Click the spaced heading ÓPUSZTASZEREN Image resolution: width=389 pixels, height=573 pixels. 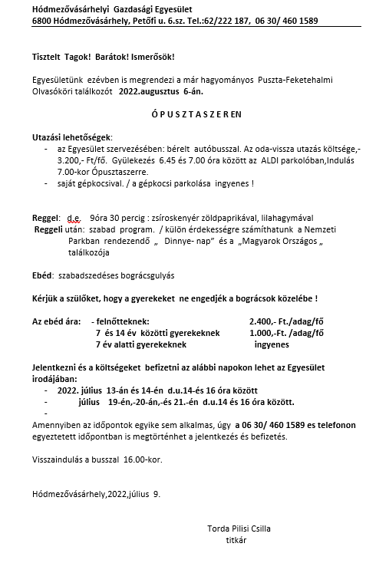point(193,114)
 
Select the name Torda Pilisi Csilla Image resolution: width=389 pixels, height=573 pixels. point(239,529)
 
